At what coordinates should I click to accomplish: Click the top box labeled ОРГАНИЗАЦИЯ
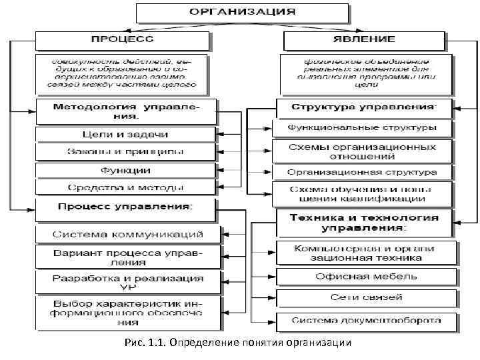tap(241, 13)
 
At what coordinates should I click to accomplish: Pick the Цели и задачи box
tap(125, 135)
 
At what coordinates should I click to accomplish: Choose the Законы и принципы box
tap(125, 152)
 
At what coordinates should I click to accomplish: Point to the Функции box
tap(125, 170)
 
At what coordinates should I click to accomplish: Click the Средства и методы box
tap(125, 188)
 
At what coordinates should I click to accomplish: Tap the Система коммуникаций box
tap(128, 235)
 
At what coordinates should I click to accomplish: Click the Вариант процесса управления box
tap(128, 257)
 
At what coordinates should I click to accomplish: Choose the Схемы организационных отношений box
tap(363, 151)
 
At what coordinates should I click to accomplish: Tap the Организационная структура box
tap(363, 172)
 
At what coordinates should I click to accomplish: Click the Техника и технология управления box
tap(363, 223)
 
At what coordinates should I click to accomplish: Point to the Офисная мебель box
tap(367, 276)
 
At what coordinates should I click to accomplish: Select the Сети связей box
tap(367, 297)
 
